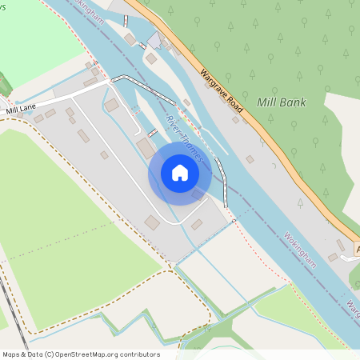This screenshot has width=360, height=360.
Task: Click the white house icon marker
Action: [x=180, y=173]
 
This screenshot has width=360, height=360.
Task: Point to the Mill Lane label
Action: [x=22, y=110]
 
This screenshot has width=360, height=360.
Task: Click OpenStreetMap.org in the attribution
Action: [x=90, y=354]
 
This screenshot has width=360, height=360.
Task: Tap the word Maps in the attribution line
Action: [x=12, y=354]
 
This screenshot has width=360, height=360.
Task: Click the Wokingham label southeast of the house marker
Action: [x=301, y=250]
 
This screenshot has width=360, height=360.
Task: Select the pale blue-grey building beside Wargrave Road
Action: [x=154, y=40]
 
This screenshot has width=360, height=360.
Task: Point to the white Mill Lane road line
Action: [x=64, y=100]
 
